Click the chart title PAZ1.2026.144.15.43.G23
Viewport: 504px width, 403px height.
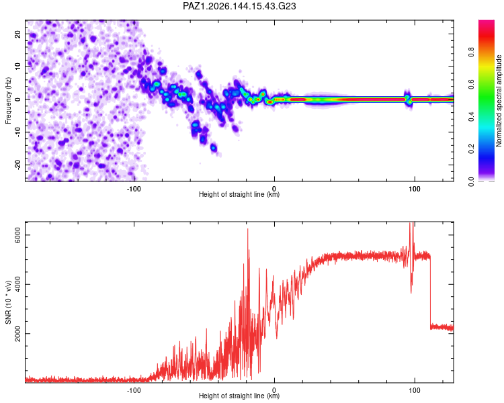pyautogui.click(x=239, y=6)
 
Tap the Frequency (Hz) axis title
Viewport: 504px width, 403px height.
pyautogui.click(x=8, y=101)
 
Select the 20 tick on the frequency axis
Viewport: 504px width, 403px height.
pyautogui.click(x=17, y=34)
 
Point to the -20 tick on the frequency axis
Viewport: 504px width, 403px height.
pyautogui.click(x=17, y=165)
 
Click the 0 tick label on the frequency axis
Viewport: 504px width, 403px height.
pyautogui.click(x=17, y=99)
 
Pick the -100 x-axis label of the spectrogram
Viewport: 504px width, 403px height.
pyautogui.click(x=134, y=189)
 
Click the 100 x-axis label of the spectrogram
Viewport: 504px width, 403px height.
pyautogui.click(x=415, y=189)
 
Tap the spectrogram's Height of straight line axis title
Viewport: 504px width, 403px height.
pyautogui.click(x=239, y=194)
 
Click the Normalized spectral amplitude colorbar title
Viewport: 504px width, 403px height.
pyautogui.click(x=499, y=101)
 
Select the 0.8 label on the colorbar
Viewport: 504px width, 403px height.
pyautogui.click(x=471, y=52)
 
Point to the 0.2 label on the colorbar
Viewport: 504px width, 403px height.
pyautogui.click(x=471, y=149)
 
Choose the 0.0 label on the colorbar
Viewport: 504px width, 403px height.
pyautogui.click(x=471, y=181)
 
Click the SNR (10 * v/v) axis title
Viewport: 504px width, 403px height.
pyautogui.click(x=8, y=302)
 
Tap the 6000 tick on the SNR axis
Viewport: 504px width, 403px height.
pyautogui.click(x=17, y=235)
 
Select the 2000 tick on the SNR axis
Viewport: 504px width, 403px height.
pyautogui.click(x=17, y=334)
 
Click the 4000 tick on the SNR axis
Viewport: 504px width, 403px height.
pyautogui.click(x=17, y=284)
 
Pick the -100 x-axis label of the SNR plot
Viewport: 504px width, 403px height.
pyautogui.click(x=134, y=390)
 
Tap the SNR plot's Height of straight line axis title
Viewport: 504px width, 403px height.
pyautogui.click(x=239, y=396)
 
